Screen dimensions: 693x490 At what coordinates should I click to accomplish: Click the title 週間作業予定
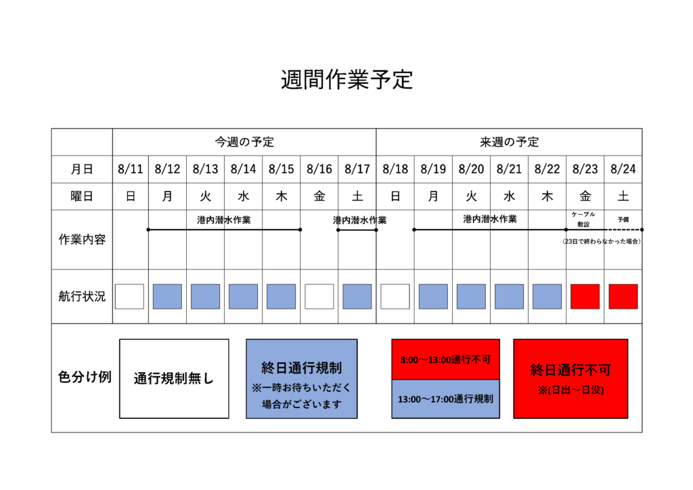point(347,80)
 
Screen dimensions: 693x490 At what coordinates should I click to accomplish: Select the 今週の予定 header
point(244,142)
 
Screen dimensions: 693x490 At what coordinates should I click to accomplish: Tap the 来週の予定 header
point(509,142)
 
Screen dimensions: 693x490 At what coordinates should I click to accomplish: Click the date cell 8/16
point(319,169)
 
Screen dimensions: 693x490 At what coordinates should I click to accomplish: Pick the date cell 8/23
point(585,169)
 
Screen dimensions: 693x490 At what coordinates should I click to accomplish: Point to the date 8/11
point(131,169)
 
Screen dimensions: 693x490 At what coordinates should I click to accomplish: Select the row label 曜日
point(82,196)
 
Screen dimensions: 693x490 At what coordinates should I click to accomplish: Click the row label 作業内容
point(82,240)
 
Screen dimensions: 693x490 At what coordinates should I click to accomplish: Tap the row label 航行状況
point(82,296)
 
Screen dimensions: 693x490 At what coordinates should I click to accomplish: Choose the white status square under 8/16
point(319,296)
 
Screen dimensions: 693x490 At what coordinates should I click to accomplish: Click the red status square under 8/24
point(623,296)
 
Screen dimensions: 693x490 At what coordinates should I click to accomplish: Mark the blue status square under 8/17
point(357,296)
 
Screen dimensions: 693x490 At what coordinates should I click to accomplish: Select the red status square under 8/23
point(585,296)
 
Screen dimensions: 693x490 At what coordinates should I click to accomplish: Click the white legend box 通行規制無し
point(174,378)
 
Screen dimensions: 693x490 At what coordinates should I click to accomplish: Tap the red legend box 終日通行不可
point(571,378)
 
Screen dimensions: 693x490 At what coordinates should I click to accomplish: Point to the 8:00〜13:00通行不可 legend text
point(445,359)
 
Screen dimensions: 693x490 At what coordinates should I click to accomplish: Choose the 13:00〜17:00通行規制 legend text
point(445,399)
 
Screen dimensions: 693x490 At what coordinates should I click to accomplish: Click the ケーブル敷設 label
point(583,219)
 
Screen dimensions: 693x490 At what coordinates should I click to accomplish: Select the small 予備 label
point(623,219)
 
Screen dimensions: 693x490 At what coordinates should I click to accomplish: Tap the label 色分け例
point(85,377)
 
